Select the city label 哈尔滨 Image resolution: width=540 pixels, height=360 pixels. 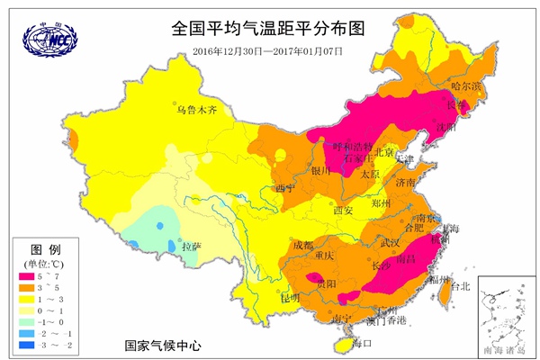tap(467, 86)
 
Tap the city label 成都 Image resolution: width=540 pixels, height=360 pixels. tap(303, 245)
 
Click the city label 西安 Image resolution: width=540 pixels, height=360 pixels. tap(342, 210)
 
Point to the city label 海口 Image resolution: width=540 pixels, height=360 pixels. tap(362, 343)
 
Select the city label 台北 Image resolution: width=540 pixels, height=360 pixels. tap(460, 287)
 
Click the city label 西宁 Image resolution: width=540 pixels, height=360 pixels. tap(285, 188)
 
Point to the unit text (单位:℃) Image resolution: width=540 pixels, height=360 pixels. tap(45, 263)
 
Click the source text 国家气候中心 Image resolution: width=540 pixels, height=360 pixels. tap(164, 346)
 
